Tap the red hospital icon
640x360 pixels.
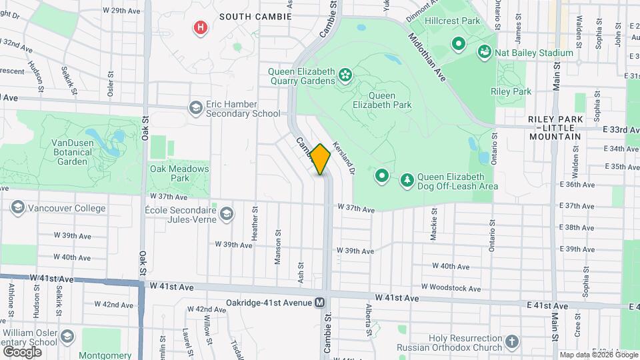[199, 27]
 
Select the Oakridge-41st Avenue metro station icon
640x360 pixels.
[320, 303]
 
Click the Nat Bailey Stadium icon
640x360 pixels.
[485, 52]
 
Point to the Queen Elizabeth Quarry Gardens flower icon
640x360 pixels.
[345, 74]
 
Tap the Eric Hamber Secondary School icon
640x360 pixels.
[195, 108]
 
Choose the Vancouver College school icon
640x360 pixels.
[17, 208]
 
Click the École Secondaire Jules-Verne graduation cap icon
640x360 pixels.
[227, 213]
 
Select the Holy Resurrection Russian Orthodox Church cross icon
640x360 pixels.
[511, 343]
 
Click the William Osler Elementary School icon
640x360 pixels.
[67, 338]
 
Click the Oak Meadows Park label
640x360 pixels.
[179, 173]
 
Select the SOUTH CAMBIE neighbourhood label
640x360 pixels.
[255, 16]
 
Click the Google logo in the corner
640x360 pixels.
[23, 351]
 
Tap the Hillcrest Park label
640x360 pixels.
[457, 21]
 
